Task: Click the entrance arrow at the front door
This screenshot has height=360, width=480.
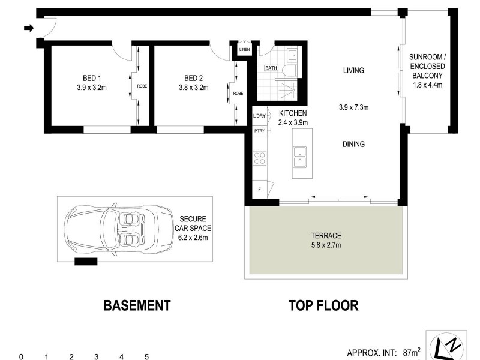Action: [28, 28]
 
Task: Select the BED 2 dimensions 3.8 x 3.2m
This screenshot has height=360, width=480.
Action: [193, 88]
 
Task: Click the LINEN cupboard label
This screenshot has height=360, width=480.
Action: [244, 49]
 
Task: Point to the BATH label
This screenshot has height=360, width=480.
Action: [272, 68]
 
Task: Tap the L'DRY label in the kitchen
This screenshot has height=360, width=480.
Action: [259, 116]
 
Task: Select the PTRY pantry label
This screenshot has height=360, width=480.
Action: [259, 130]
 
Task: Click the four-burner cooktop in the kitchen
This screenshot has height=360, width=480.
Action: [260, 158]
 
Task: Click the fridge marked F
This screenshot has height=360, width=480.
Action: [259, 189]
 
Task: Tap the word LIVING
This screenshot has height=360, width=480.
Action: [353, 70]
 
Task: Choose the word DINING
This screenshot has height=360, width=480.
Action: [353, 144]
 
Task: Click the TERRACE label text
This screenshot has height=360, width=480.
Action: [326, 235]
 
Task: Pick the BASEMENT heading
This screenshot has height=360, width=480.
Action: [137, 305]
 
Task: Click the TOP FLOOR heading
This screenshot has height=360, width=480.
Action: [323, 305]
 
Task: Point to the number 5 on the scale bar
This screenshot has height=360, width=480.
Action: [146, 356]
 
